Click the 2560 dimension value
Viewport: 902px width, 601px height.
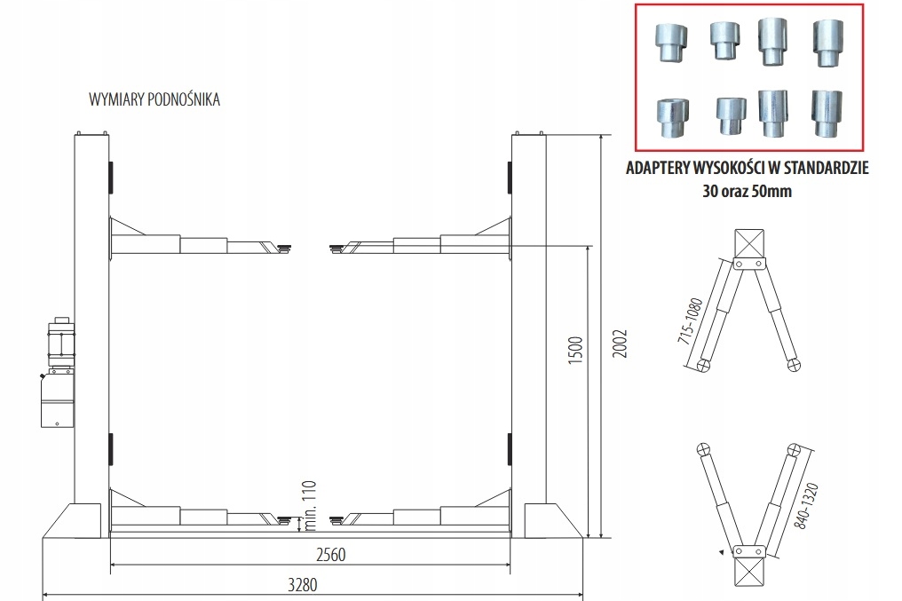331,555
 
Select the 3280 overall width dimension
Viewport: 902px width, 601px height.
303,585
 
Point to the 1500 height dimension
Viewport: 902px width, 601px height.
575,350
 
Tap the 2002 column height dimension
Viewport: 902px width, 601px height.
620,344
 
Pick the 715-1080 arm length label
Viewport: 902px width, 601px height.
691,320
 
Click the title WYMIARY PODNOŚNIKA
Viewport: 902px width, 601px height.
154,99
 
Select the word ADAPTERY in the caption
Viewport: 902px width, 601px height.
656,168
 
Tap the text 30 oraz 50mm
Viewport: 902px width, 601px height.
747,191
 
